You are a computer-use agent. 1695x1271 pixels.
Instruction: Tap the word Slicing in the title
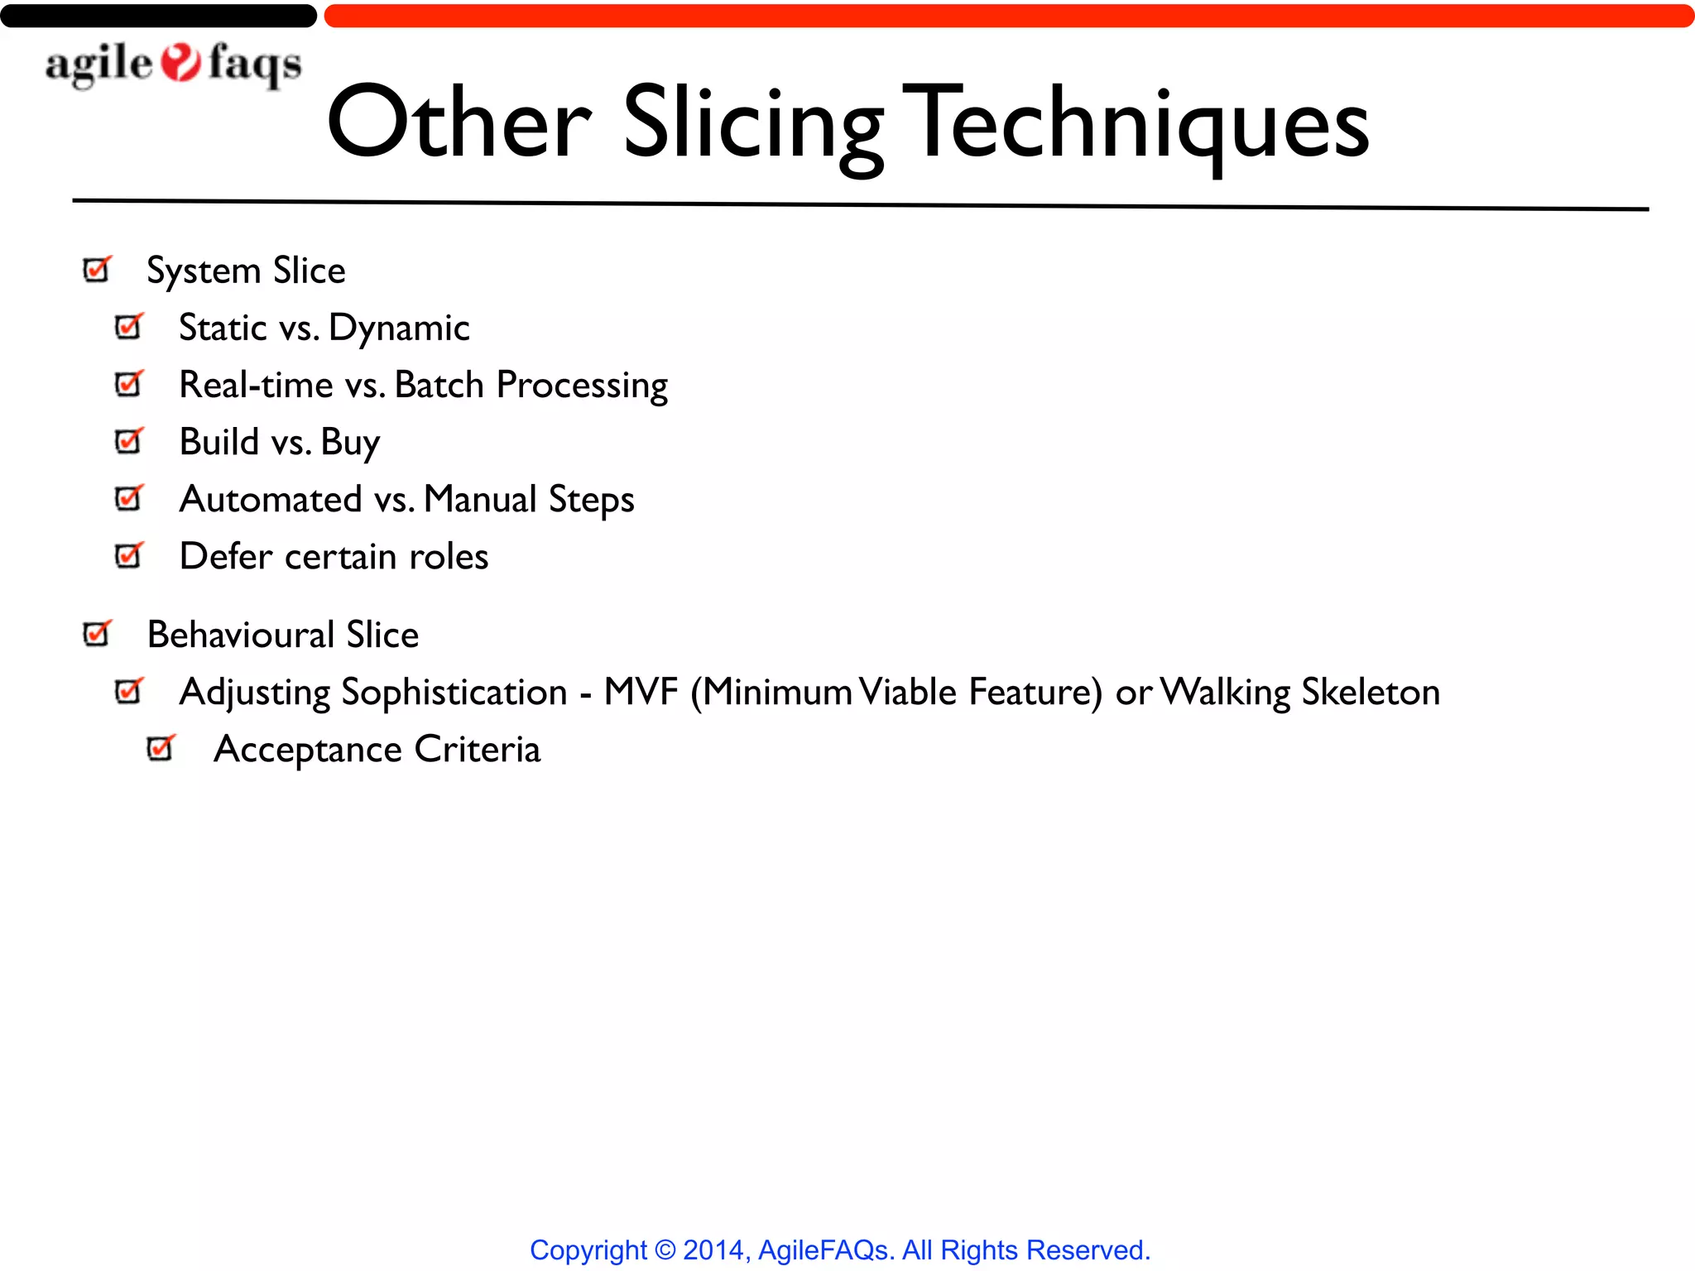click(x=753, y=124)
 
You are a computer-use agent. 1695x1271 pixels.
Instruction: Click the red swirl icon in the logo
click(x=180, y=63)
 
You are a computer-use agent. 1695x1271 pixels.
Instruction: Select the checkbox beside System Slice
click(x=97, y=270)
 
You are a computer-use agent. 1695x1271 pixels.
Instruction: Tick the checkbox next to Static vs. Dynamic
click(x=129, y=327)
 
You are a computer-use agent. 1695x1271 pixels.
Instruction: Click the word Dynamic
click(x=399, y=329)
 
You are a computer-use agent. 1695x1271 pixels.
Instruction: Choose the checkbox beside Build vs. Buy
click(x=129, y=441)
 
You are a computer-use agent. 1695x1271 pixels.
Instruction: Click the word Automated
click(x=271, y=499)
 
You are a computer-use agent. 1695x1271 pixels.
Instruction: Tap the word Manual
click(x=480, y=499)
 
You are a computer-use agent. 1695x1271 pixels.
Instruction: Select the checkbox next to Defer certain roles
click(x=129, y=555)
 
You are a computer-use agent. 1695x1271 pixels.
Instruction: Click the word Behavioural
click(x=241, y=635)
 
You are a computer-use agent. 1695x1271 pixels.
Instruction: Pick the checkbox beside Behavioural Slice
click(x=97, y=634)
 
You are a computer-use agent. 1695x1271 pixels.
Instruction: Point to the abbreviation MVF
click(x=641, y=692)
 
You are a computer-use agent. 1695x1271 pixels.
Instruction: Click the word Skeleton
click(x=1371, y=692)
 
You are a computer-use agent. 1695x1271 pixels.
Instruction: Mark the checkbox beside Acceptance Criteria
click(x=161, y=748)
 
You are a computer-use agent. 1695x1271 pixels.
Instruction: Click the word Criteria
click(x=478, y=749)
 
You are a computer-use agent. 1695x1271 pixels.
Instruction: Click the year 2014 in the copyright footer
click(x=713, y=1249)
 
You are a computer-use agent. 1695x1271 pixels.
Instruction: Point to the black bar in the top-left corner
click(x=157, y=16)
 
